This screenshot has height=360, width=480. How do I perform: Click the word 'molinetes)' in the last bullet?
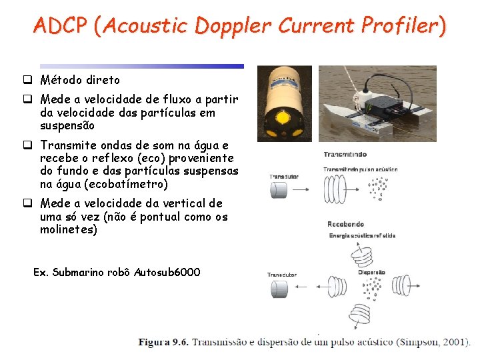(x=69, y=230)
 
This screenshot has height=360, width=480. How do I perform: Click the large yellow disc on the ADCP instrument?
(x=283, y=119)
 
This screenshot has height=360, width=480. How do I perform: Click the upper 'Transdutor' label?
(x=284, y=177)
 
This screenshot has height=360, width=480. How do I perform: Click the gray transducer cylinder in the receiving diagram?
(x=279, y=289)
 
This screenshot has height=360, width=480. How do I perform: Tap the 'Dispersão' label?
(x=371, y=272)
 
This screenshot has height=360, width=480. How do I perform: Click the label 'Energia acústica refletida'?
(x=362, y=235)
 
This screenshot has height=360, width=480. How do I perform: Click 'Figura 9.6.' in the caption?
(x=163, y=342)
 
